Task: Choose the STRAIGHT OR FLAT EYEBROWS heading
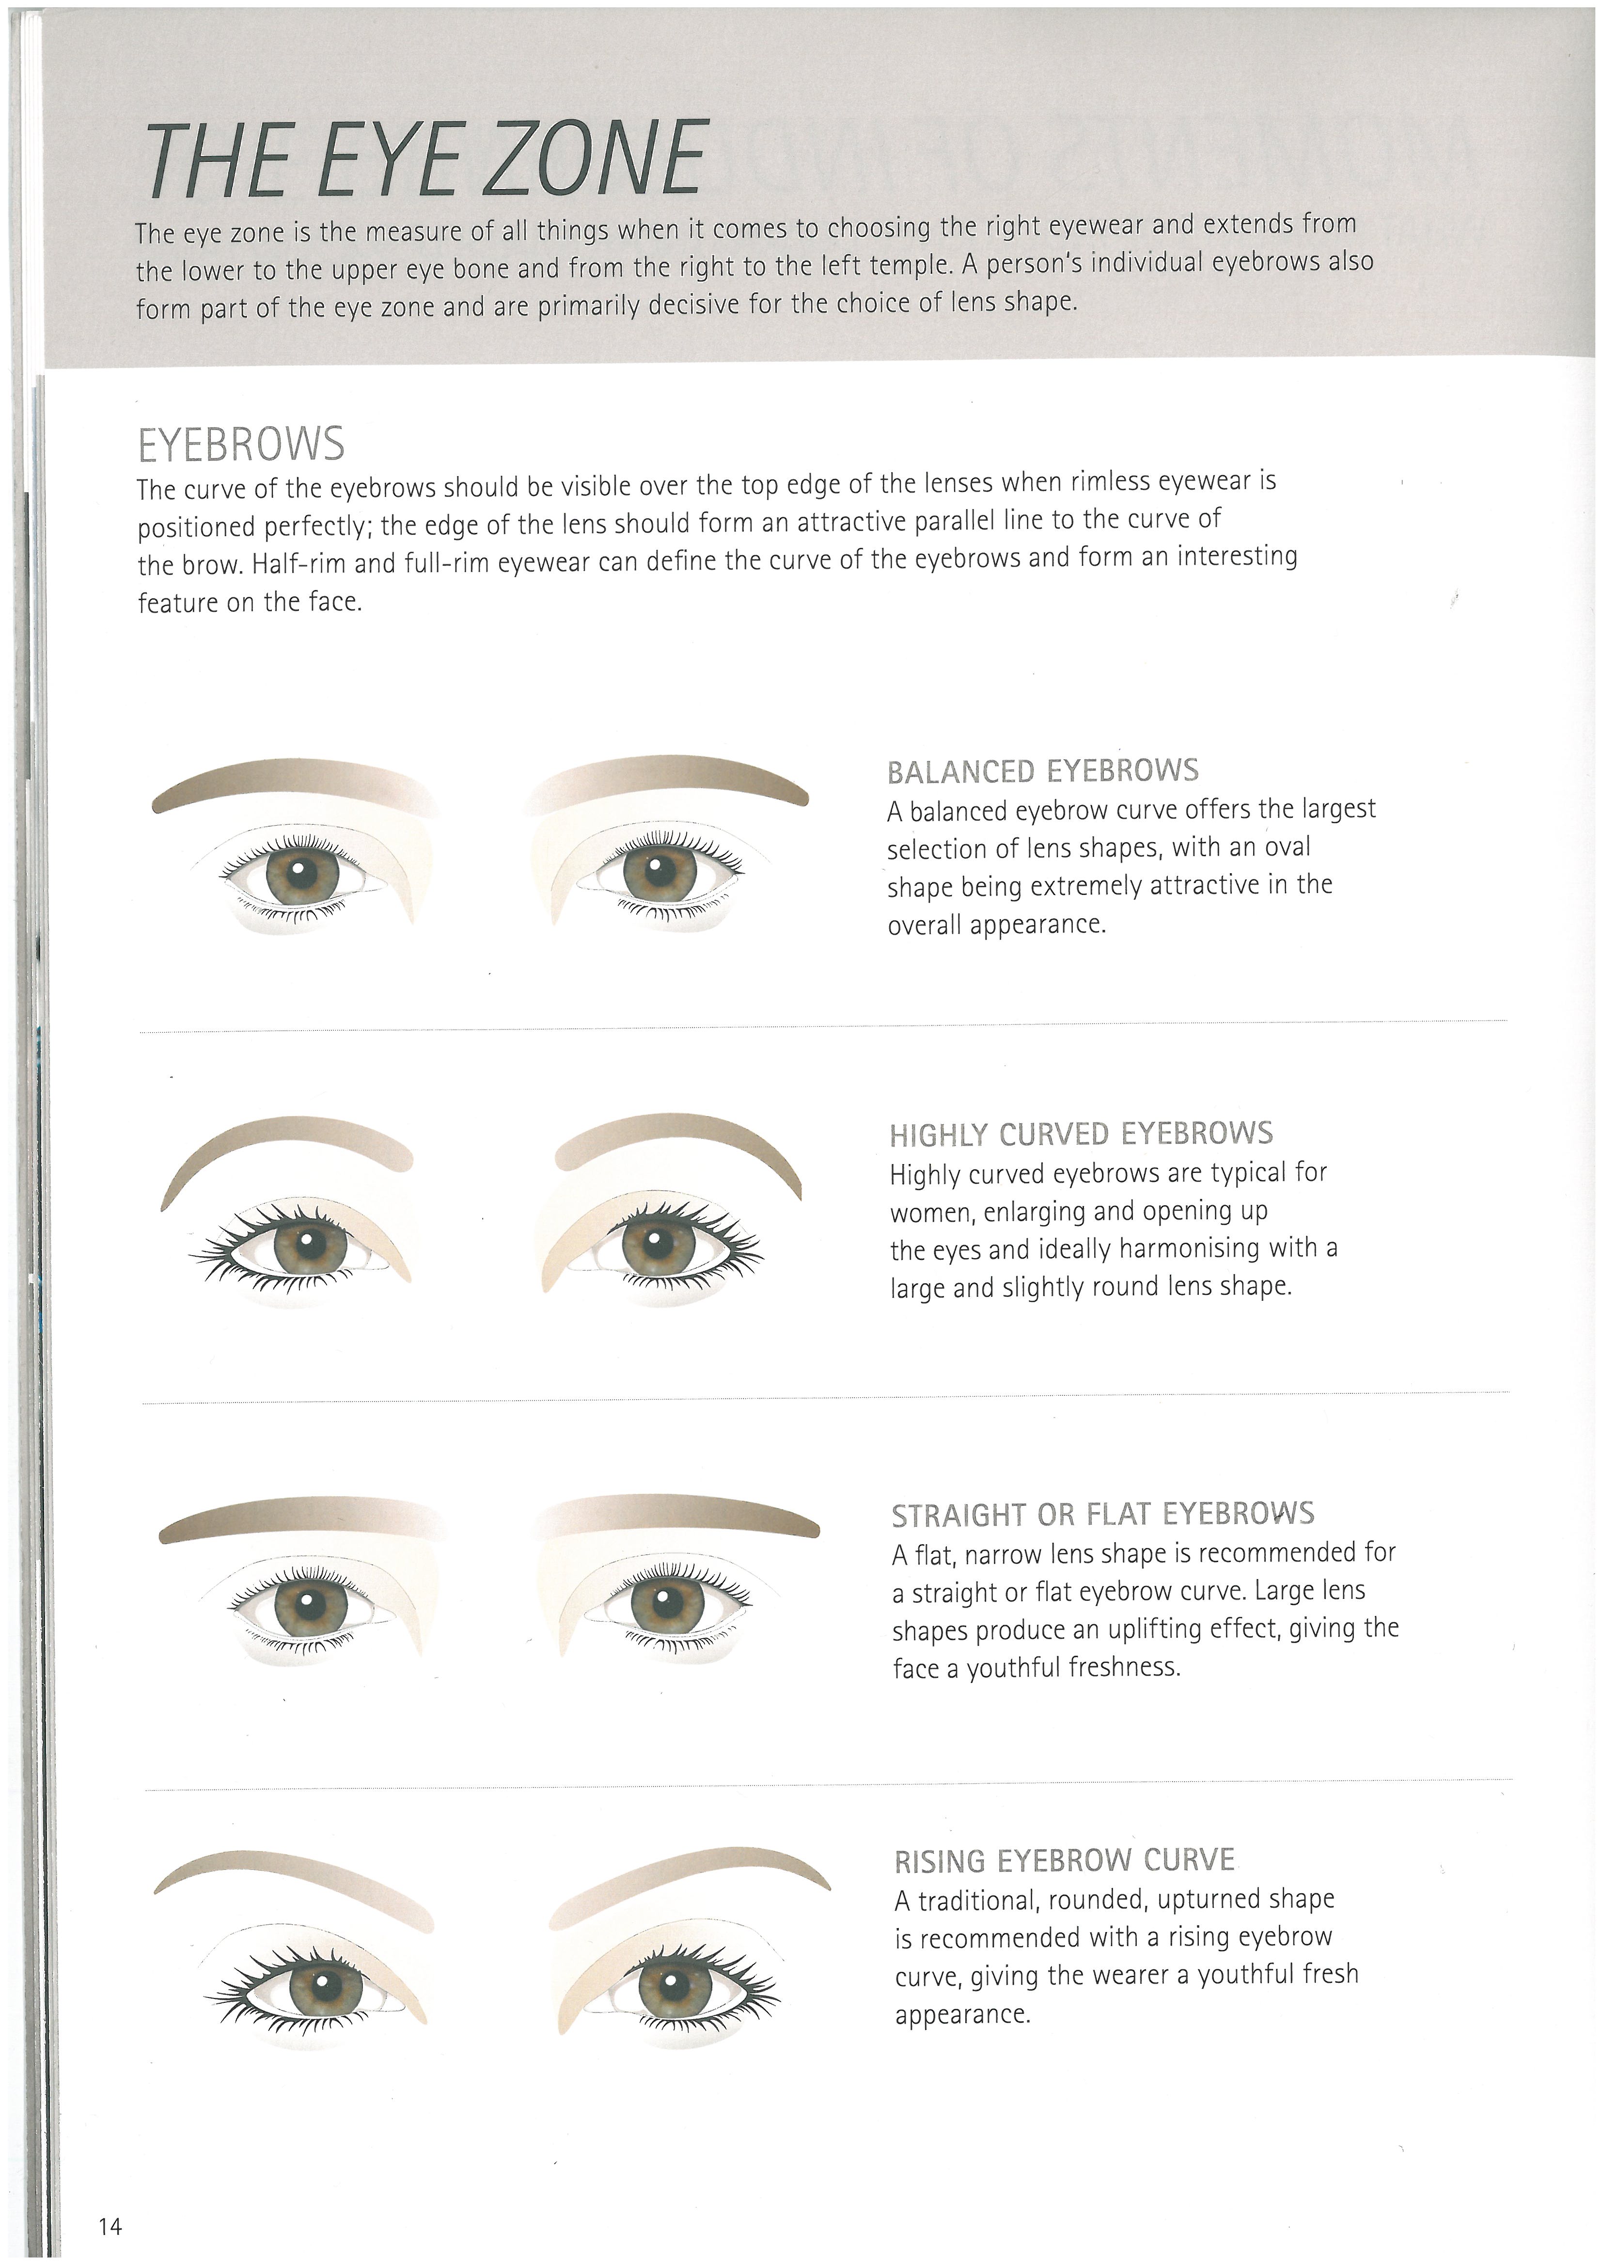click(1102, 1515)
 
